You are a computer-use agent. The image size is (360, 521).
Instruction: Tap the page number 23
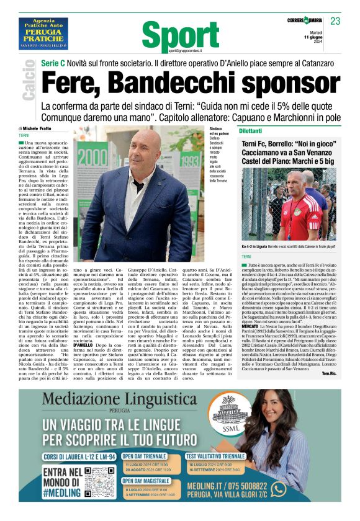pos(335,21)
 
